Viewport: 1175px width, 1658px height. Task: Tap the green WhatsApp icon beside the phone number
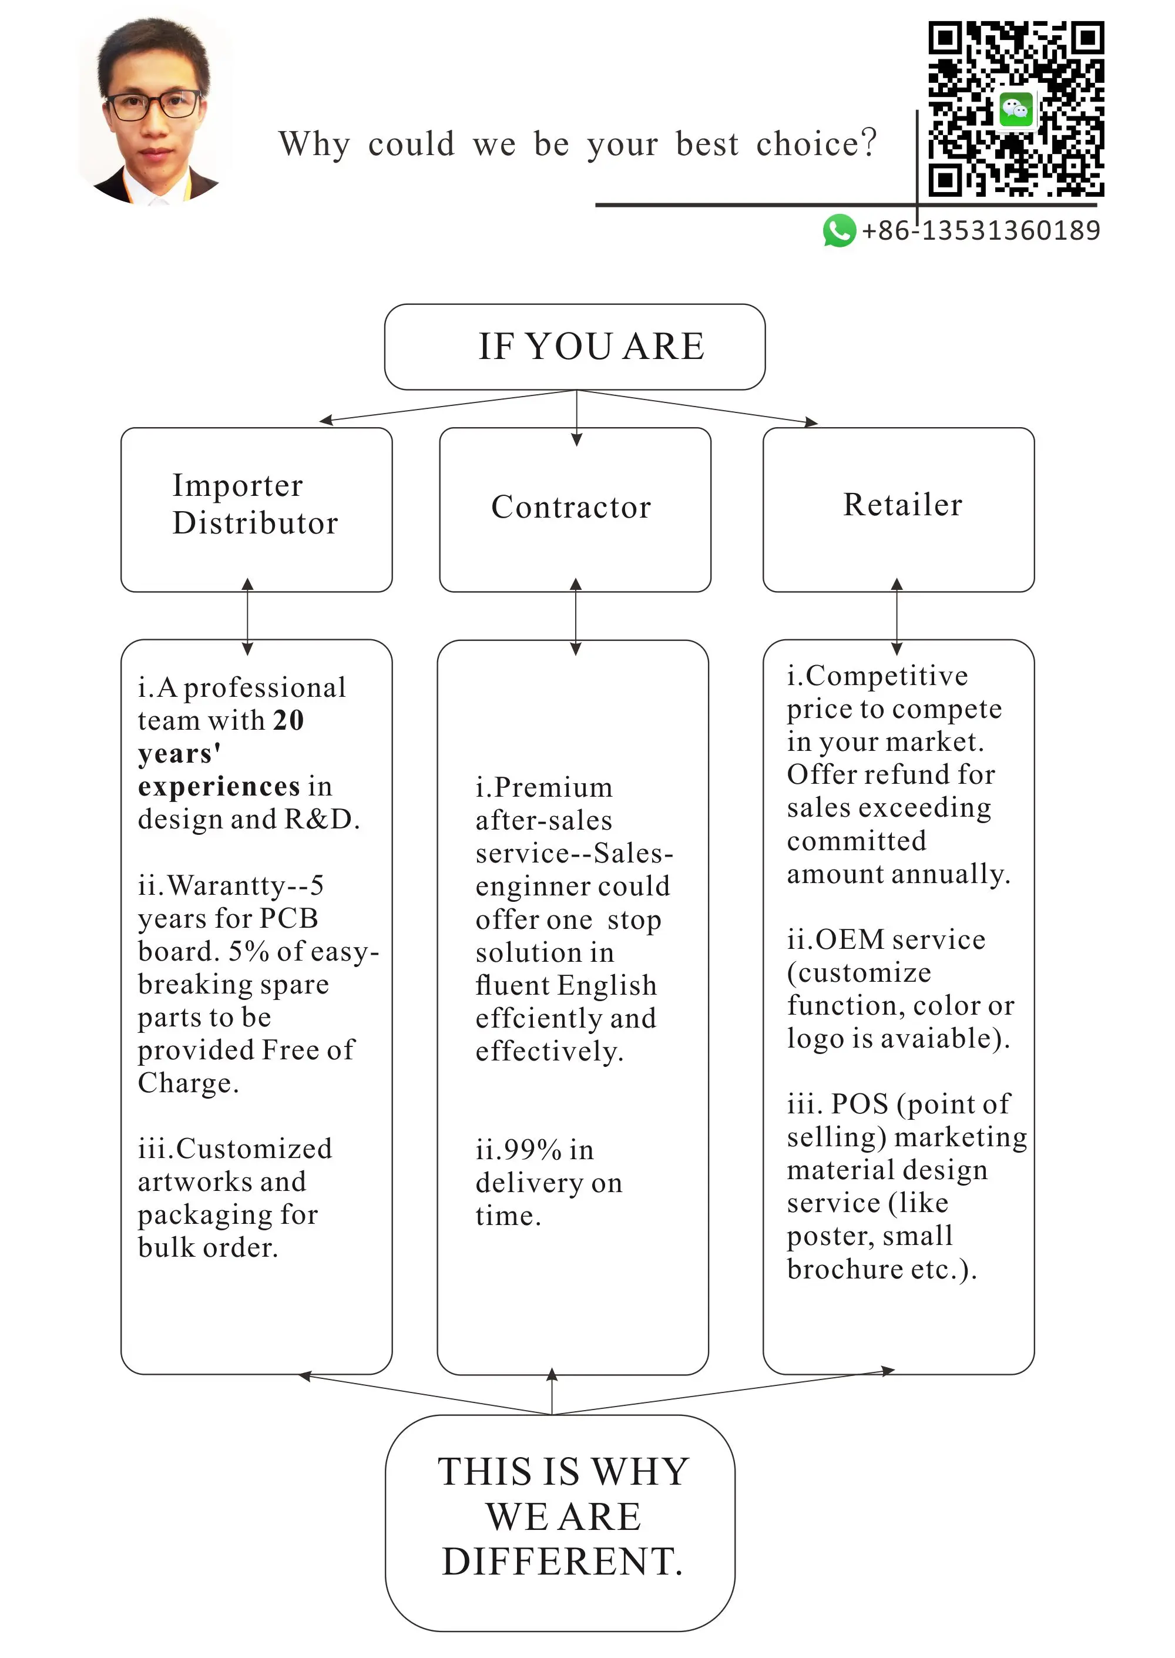(x=838, y=231)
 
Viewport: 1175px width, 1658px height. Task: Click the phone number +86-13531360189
(x=981, y=231)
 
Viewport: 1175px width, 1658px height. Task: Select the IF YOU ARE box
(x=575, y=347)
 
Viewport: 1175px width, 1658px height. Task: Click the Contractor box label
(x=571, y=507)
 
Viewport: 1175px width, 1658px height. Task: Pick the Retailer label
(x=902, y=505)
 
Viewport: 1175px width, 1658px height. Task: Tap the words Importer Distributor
(x=254, y=504)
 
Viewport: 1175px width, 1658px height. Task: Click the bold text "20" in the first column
(x=288, y=720)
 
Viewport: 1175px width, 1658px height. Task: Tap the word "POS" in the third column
(x=859, y=1104)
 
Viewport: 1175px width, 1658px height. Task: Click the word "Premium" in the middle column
(x=553, y=787)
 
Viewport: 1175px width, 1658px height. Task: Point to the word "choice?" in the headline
(x=816, y=144)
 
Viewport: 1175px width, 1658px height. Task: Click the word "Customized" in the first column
(x=253, y=1149)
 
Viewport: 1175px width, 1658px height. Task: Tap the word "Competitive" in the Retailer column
(x=887, y=676)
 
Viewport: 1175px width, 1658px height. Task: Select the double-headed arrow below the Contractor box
(x=576, y=616)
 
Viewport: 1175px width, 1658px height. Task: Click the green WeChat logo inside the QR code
(x=1016, y=110)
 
